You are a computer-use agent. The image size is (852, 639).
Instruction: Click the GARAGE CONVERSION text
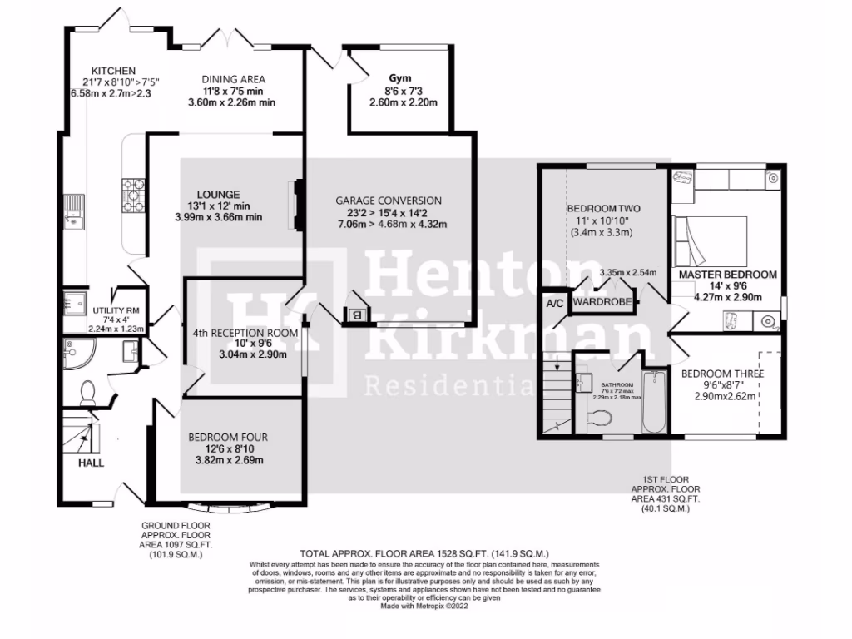(389, 201)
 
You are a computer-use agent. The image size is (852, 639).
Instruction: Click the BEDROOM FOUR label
(228, 437)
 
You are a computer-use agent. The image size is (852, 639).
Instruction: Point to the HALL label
(91, 463)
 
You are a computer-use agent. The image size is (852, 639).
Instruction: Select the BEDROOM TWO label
(604, 207)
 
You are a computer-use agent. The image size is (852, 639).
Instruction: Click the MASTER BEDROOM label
(728, 274)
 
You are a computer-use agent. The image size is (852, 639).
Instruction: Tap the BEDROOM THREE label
(722, 374)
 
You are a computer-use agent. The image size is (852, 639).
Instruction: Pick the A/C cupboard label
(555, 304)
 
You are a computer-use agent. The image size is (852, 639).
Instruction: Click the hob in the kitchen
(133, 196)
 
